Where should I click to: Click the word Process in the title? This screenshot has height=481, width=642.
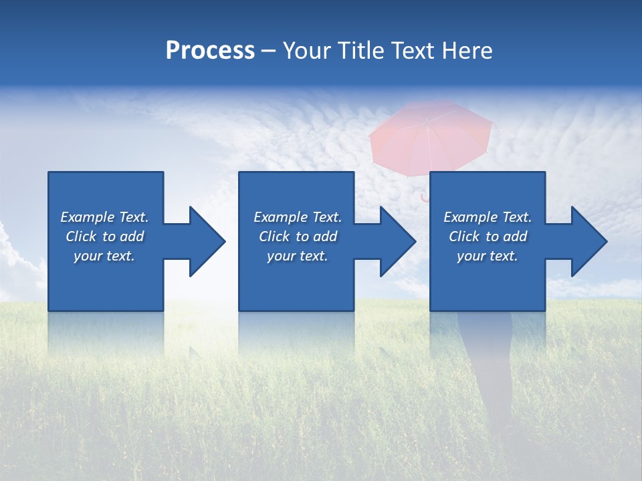click(210, 51)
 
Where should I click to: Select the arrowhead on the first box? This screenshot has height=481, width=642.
click(207, 241)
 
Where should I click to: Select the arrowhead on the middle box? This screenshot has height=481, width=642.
click(397, 241)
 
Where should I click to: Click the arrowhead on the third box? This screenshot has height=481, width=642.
click(588, 241)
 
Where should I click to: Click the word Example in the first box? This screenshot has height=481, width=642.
click(88, 217)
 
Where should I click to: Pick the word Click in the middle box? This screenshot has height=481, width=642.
click(275, 236)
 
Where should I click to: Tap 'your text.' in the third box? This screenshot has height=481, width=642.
click(487, 256)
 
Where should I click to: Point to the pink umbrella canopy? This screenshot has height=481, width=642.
click(432, 137)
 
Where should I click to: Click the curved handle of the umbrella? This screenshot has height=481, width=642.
click(424, 197)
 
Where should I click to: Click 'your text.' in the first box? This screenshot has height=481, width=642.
click(104, 256)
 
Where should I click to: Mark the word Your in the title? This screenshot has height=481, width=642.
click(308, 51)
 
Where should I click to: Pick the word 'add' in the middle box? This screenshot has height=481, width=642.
click(325, 236)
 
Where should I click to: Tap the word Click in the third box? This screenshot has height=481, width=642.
click(465, 236)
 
